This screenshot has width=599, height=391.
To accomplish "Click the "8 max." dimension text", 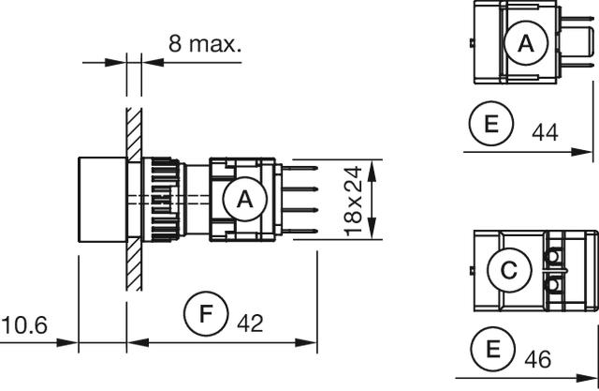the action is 205,44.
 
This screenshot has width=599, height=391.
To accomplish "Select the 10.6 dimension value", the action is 24,325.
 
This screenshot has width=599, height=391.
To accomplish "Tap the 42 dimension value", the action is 250,323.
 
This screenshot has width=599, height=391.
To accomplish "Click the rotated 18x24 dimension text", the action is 353,201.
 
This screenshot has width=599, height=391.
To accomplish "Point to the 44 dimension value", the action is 545,133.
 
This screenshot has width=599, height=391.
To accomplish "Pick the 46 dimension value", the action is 538,359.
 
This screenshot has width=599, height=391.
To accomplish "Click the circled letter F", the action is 206,314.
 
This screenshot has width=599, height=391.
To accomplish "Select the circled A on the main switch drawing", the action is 245,199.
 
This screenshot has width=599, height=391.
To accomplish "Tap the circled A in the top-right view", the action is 526,43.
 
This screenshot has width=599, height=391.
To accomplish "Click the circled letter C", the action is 509,270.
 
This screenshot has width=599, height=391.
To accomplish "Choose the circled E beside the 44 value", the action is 491,124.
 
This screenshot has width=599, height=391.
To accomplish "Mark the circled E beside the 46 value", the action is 493,349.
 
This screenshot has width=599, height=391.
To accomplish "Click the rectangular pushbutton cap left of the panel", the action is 102,200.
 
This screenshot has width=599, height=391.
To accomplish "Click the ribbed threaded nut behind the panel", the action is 161,200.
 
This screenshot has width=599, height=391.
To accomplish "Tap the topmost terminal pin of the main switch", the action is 299,168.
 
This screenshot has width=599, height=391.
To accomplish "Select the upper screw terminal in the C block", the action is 553,255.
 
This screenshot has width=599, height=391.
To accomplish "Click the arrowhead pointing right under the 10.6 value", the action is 67,342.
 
